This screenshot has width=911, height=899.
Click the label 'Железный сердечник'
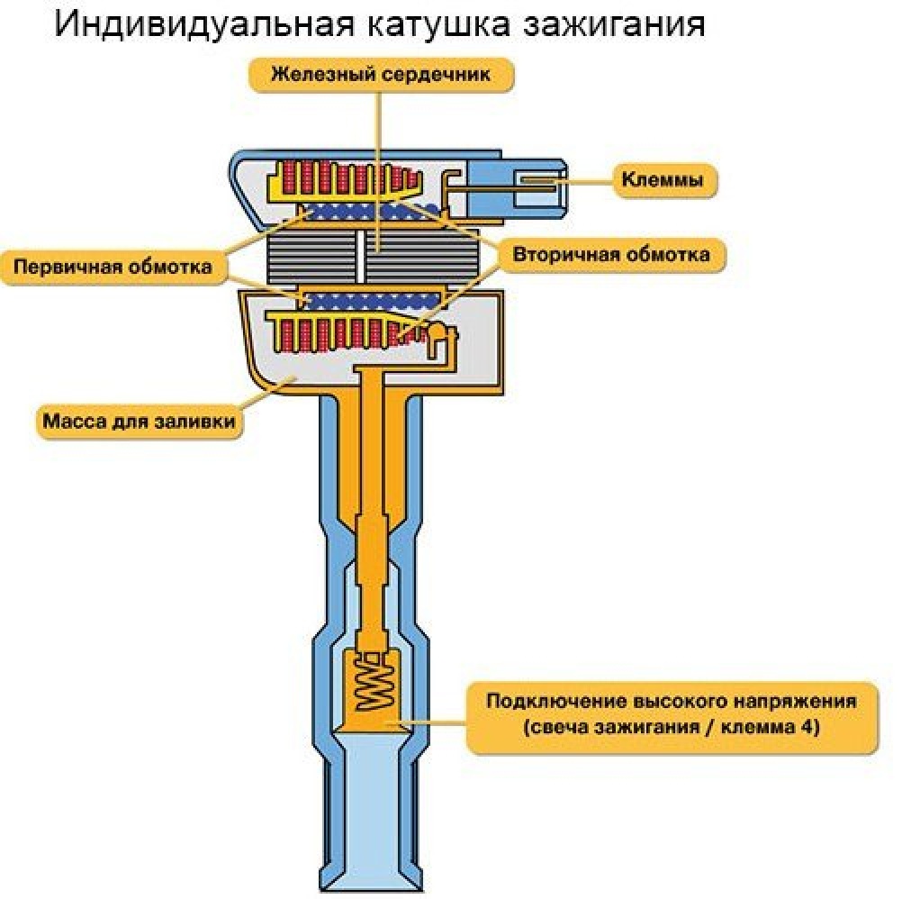tap(381, 74)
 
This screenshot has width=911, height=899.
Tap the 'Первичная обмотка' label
tap(112, 267)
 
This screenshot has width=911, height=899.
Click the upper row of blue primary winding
tap(369, 212)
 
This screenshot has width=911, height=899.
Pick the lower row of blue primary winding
tap(369, 300)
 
